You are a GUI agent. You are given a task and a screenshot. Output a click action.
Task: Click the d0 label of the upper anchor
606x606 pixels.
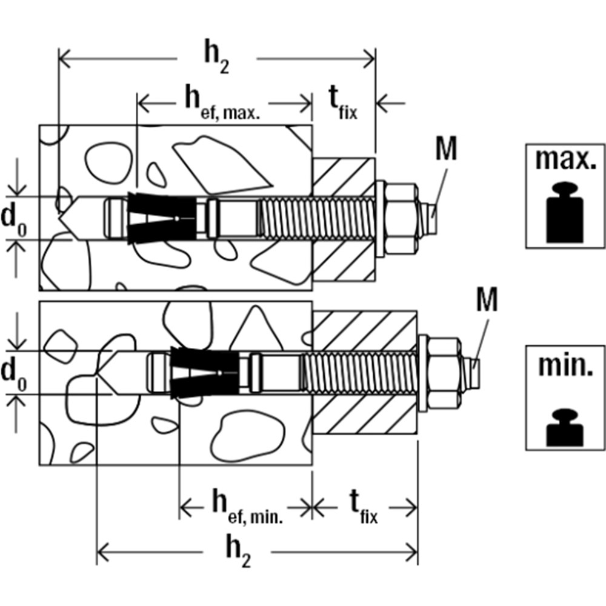click(14, 218)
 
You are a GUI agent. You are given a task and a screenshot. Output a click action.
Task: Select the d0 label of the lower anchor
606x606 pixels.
click(14, 373)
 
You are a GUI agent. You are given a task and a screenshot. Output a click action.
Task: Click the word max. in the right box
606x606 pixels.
click(566, 161)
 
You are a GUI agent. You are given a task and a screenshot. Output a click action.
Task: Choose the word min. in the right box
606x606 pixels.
click(566, 367)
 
